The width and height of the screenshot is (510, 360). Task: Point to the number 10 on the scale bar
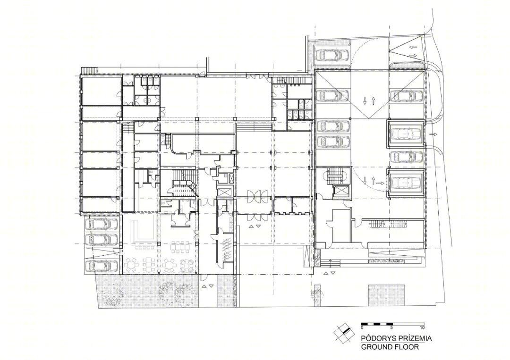(x=422, y=327)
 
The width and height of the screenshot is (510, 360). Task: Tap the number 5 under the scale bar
(x=392, y=327)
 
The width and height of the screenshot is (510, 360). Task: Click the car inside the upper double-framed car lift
(x=406, y=133)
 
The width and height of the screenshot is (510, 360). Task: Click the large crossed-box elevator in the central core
(x=223, y=192)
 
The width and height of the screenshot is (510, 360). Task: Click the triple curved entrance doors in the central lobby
(x=253, y=197)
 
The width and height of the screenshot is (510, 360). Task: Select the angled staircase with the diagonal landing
(x=183, y=183)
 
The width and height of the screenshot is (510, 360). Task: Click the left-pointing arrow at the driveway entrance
(x=413, y=47)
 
